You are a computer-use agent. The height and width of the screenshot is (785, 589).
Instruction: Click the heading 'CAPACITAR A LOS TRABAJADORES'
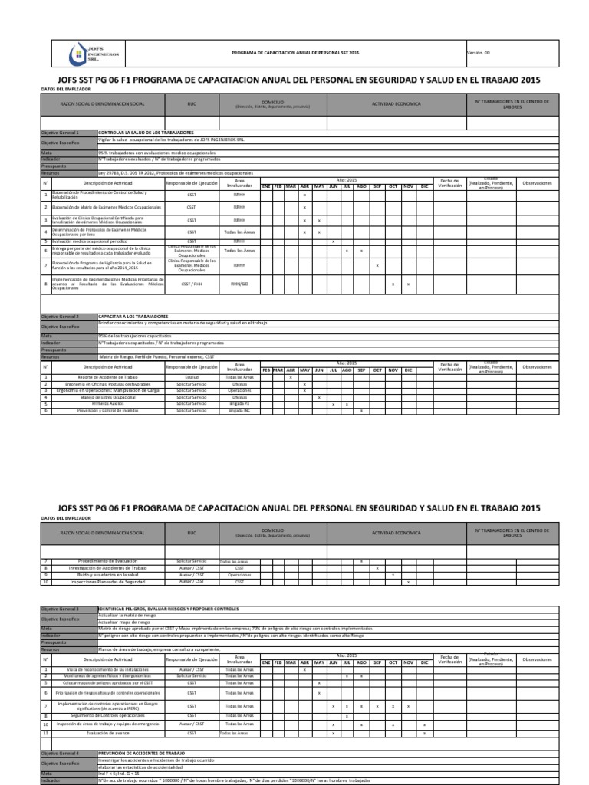133,317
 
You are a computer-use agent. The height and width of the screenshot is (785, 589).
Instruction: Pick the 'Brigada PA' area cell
239,404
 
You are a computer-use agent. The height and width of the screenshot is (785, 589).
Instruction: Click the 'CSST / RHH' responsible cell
192,284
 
